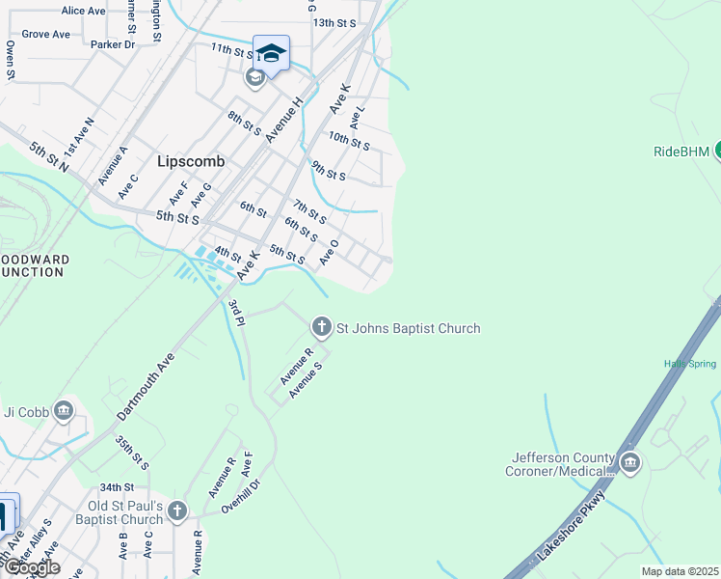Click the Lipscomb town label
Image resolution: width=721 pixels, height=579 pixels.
coord(191,162)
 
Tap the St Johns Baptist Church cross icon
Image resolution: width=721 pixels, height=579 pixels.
coord(321,328)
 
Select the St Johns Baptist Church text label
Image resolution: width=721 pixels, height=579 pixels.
coord(408,328)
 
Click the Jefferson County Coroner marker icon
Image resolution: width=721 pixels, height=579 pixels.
coord(630,463)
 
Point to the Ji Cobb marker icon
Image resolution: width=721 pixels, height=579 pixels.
coord(64,411)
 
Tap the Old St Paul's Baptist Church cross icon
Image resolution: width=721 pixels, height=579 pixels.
coord(176,510)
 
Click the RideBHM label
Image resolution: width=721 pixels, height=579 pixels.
coord(681,152)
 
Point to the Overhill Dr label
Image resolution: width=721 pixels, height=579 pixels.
coord(241,492)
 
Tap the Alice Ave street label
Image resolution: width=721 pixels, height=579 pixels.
coord(83,11)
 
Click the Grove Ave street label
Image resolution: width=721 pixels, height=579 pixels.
coord(46,34)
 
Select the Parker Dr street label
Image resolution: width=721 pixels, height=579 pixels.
coord(113,44)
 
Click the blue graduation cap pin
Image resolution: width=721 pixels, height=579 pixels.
coord(271,53)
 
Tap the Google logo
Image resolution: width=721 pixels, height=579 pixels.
coord(32,567)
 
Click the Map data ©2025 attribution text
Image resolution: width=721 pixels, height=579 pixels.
coord(680,571)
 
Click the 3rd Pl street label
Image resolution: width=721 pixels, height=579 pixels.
coord(237,312)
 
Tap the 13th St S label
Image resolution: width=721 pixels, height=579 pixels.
coord(334,22)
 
